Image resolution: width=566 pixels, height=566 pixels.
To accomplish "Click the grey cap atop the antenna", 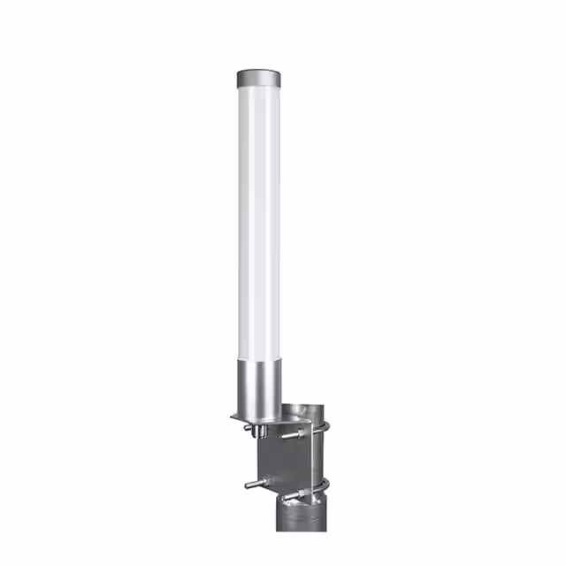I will point(258,78).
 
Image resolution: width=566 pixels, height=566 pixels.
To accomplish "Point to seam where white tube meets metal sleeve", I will point(258,361).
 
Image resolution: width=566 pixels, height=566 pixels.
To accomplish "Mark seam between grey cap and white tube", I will point(258,88).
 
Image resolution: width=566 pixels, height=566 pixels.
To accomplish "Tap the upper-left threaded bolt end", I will point(249,427).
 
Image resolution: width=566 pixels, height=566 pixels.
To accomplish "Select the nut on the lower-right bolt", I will point(301,492).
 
